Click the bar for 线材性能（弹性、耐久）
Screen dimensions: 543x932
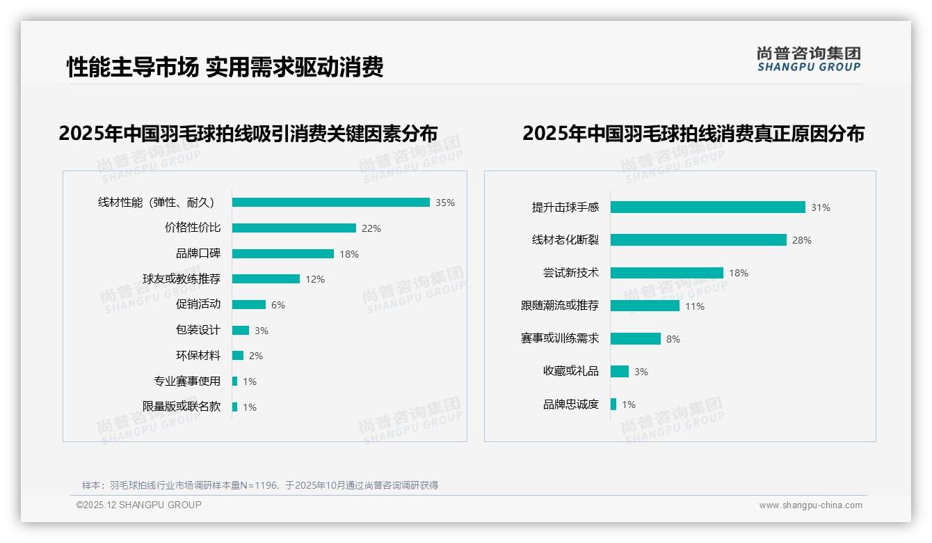click(x=331, y=203)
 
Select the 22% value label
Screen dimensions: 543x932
click(x=371, y=228)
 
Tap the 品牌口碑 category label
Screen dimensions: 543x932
click(x=198, y=253)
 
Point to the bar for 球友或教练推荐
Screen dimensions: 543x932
click(x=266, y=279)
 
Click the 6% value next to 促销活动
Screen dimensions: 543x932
click(x=278, y=305)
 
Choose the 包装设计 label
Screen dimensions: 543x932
click(x=198, y=330)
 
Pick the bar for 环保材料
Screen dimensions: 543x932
click(x=238, y=356)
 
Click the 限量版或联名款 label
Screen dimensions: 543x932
click(x=182, y=407)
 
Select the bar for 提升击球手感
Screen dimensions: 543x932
click(x=707, y=207)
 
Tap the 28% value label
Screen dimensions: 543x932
click(x=802, y=240)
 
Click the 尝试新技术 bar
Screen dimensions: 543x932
click(x=666, y=273)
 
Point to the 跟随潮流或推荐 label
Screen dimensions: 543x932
click(x=560, y=306)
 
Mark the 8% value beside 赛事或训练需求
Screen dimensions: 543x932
click(x=673, y=339)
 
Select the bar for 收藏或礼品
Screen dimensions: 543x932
click(x=620, y=372)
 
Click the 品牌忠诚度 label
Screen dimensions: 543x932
click(x=571, y=404)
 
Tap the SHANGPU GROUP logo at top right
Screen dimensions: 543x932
click(x=809, y=59)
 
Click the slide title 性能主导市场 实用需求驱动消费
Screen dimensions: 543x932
click(x=225, y=68)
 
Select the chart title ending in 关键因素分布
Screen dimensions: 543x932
click(x=248, y=134)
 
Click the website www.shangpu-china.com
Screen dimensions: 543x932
click(x=810, y=505)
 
